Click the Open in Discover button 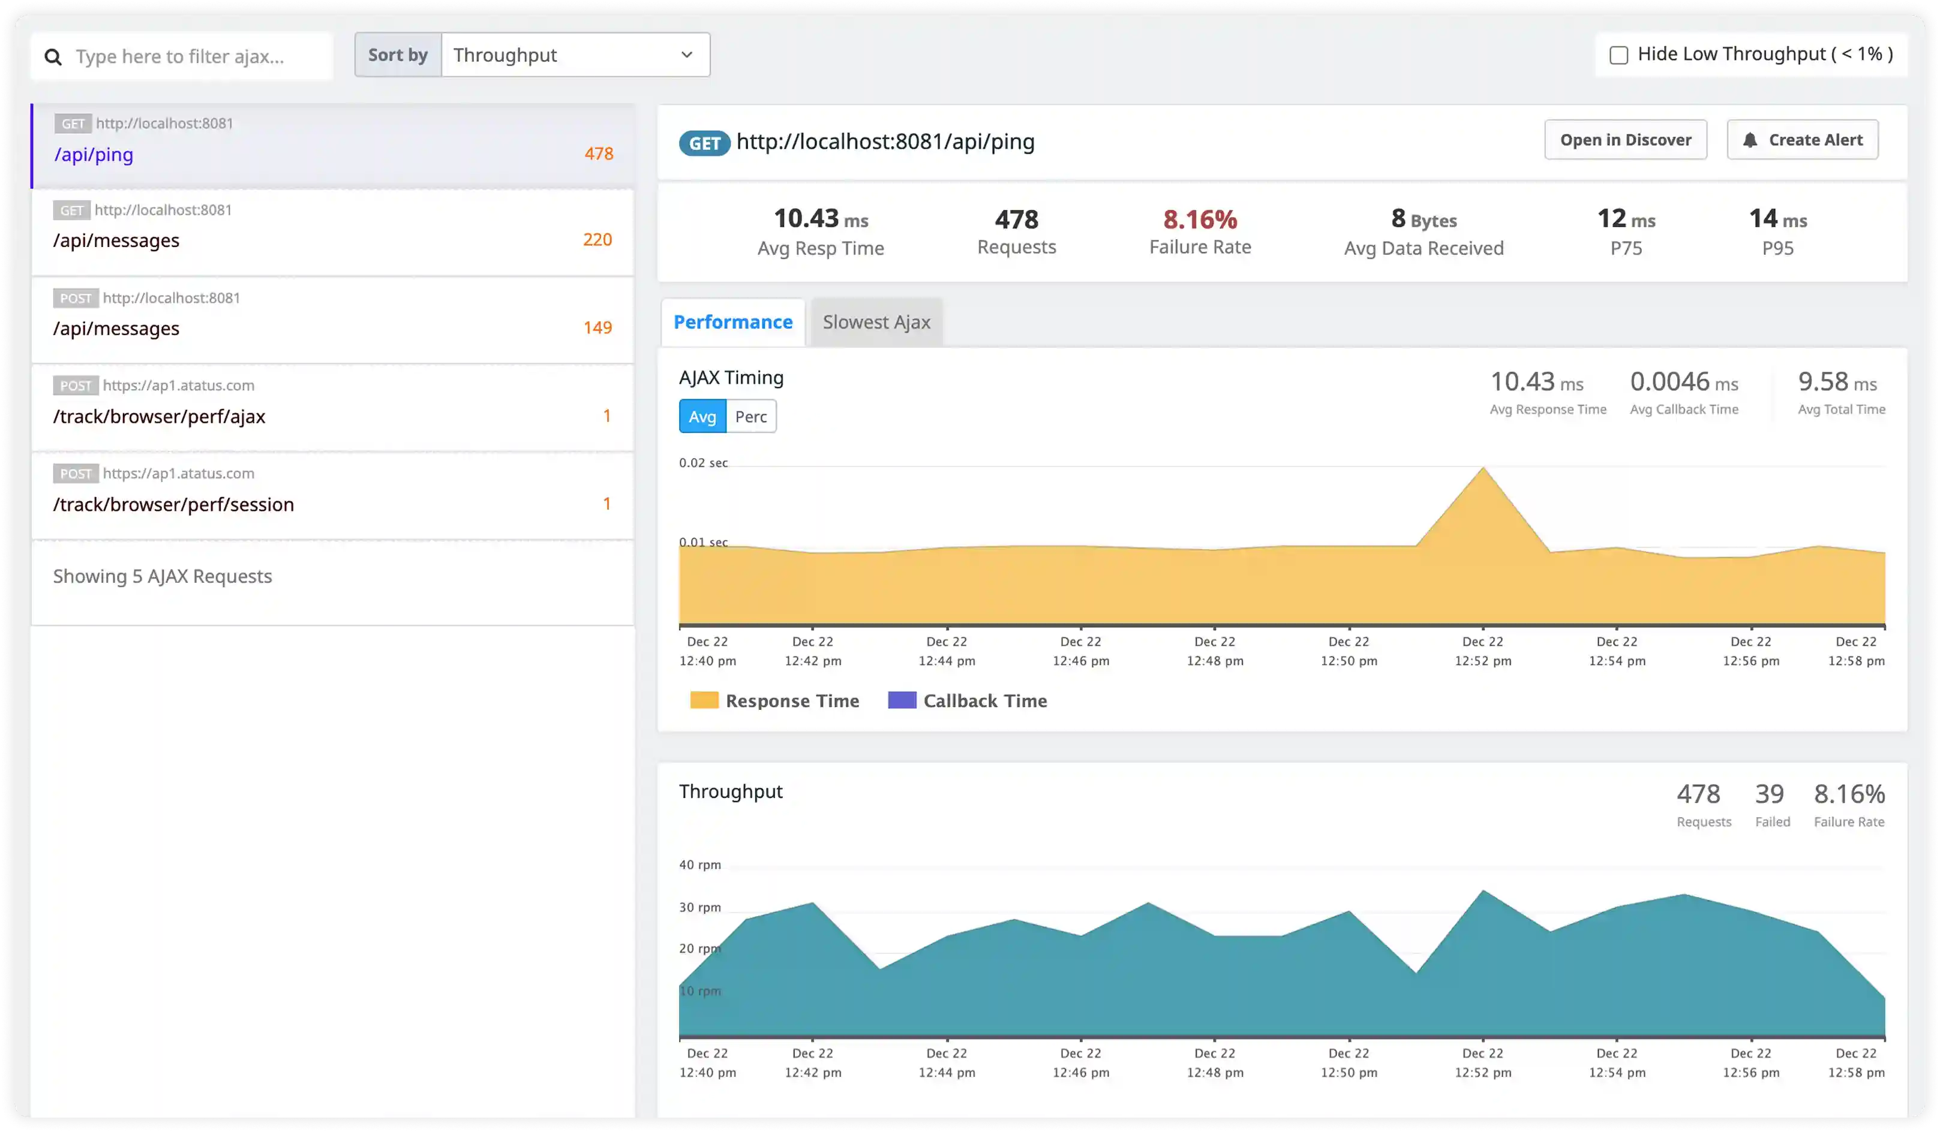point(1625,140)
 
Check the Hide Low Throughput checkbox point(1618,55)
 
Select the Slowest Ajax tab point(876,323)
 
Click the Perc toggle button point(750,416)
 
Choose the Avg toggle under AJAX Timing point(702,416)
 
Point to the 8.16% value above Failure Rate point(1199,220)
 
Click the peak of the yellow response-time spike point(1483,469)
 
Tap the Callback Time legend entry point(968,701)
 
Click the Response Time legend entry point(774,701)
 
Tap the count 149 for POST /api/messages point(597,328)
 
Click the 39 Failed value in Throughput point(1769,794)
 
